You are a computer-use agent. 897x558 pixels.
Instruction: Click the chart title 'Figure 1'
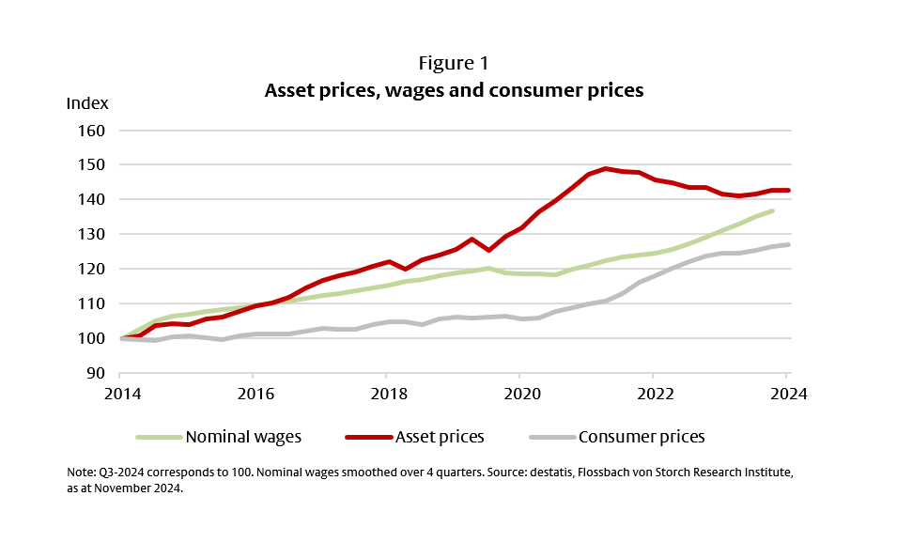[454, 63]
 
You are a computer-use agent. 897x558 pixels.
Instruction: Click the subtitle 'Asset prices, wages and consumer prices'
[454, 90]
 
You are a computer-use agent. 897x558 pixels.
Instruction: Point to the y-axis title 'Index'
[87, 102]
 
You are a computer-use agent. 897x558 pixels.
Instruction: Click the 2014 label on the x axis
[119, 393]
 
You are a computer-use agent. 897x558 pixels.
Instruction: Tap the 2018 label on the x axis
[386, 393]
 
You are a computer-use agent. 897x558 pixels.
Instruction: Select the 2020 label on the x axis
[519, 393]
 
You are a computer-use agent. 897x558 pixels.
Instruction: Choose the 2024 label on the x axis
[786, 393]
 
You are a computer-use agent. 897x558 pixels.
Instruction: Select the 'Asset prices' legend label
[441, 437]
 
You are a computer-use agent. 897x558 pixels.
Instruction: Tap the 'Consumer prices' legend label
[642, 437]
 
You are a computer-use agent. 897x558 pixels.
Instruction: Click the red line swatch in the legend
[367, 437]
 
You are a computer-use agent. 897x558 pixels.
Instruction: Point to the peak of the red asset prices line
[607, 169]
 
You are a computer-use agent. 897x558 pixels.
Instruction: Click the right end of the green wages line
[772, 210]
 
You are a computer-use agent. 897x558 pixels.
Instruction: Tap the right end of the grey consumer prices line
[788, 244]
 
